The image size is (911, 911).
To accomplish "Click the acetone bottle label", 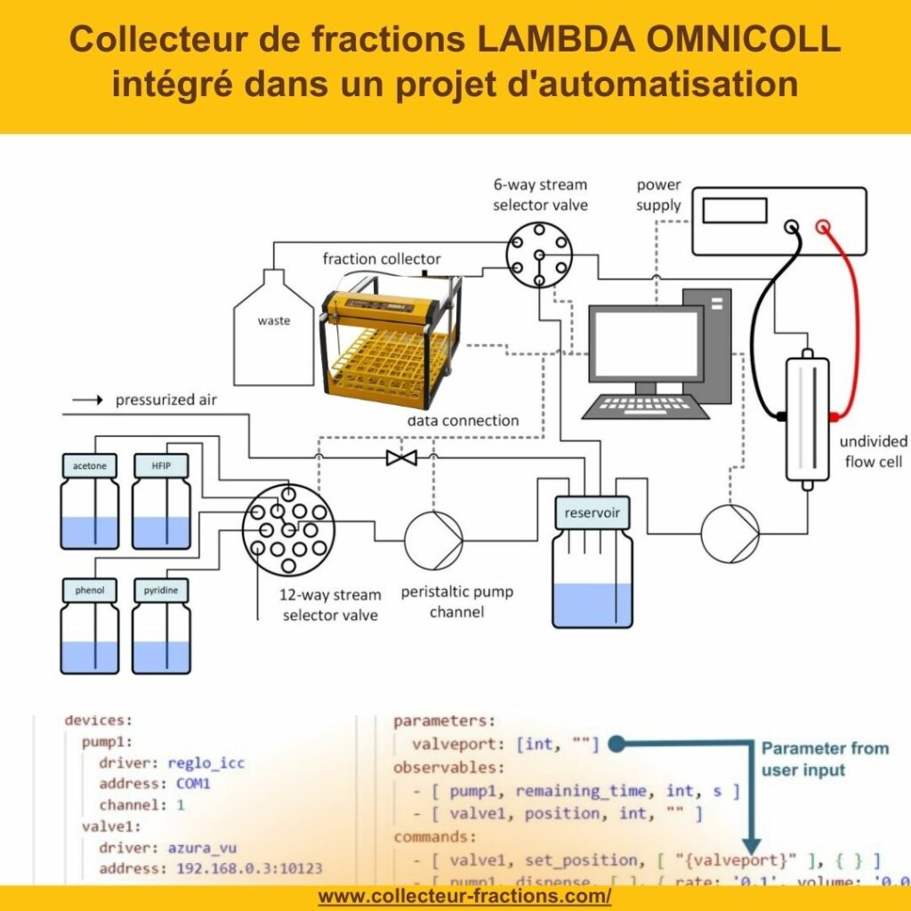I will pyautogui.click(x=90, y=466).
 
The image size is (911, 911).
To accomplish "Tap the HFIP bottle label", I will pyautogui.click(x=161, y=466).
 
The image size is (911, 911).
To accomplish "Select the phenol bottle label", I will pyautogui.click(x=90, y=590).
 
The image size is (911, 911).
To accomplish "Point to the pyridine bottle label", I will pyautogui.click(x=161, y=590).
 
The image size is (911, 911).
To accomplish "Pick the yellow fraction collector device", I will pyautogui.click(x=391, y=333).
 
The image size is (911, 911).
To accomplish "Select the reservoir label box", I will pyautogui.click(x=592, y=512).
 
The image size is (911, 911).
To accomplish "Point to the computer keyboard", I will pyautogui.click(x=647, y=407).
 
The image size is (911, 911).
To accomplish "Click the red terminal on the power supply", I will pyautogui.click(x=824, y=227).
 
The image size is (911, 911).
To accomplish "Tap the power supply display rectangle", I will pyautogui.click(x=734, y=210).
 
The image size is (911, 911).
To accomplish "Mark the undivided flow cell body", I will pyautogui.click(x=808, y=418).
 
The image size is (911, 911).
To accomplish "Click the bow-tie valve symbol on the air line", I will pyautogui.click(x=401, y=458).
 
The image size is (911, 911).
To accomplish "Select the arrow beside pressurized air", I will pyautogui.click(x=87, y=400).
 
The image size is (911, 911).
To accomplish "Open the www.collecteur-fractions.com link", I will pyautogui.click(x=464, y=896).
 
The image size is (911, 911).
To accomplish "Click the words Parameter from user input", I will pyautogui.click(x=824, y=758).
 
